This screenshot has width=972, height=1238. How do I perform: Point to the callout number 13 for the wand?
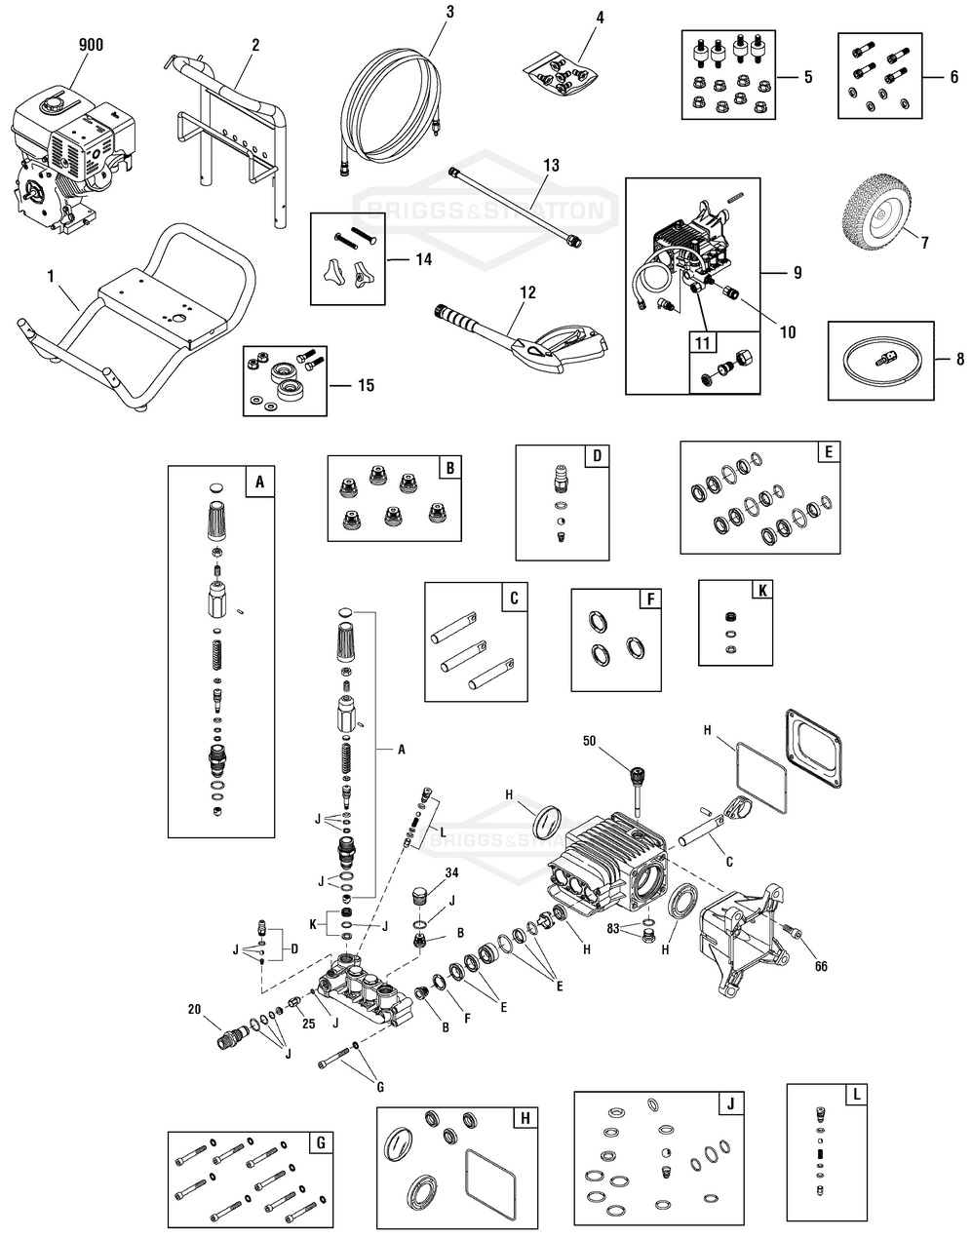(551, 167)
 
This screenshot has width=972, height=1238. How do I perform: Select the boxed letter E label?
(827, 453)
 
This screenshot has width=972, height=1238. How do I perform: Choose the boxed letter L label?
(855, 1095)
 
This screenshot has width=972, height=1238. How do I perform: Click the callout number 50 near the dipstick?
(616, 742)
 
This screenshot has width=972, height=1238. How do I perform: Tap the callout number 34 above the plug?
(451, 871)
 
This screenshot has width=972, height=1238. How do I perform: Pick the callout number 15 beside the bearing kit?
(366, 386)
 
